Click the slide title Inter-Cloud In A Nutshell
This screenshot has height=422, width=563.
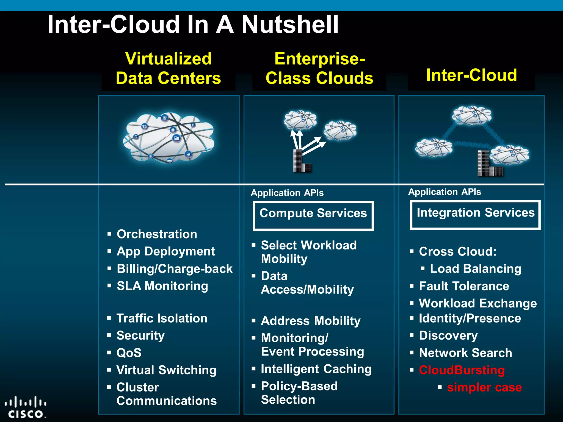tap(193, 24)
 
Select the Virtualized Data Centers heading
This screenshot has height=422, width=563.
tap(168, 68)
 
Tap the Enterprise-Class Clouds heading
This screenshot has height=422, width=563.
tap(319, 68)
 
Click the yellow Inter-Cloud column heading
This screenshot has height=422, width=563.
tap(471, 75)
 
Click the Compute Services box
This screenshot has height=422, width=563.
tap(313, 216)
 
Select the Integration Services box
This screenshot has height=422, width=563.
tap(475, 215)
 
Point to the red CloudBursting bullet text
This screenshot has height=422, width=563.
tap(462, 370)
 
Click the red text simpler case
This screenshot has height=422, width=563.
tap(484, 387)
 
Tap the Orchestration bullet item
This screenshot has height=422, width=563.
tap(157, 234)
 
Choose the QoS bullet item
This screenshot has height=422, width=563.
tap(129, 353)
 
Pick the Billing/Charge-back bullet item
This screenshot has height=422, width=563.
tap(174, 269)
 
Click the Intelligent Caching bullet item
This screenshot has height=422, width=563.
tap(316, 369)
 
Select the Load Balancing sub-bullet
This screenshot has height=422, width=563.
tap(475, 269)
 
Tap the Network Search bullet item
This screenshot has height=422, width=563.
tap(465, 353)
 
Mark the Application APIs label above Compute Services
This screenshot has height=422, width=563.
tap(287, 193)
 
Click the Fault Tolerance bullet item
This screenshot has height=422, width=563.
tap(464, 286)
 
